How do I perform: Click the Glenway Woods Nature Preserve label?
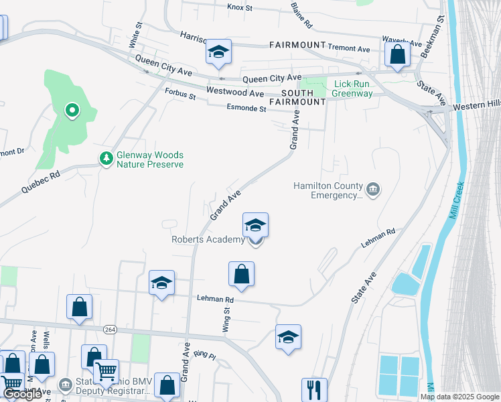(x=150, y=159)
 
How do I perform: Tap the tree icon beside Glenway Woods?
(x=105, y=158)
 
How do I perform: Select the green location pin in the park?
(x=72, y=109)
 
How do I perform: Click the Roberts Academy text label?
(x=208, y=240)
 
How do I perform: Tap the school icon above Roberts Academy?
(x=255, y=226)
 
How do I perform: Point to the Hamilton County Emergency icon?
(x=373, y=190)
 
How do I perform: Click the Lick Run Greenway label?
(x=353, y=88)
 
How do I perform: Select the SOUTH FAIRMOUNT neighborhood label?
(x=297, y=97)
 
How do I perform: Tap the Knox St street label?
(x=239, y=8)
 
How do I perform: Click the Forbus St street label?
(x=180, y=95)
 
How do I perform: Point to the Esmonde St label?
(x=246, y=108)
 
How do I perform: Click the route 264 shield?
(x=111, y=329)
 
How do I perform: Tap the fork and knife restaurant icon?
(x=313, y=389)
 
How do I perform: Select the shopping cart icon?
(x=106, y=371)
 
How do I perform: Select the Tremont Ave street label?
(x=348, y=48)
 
